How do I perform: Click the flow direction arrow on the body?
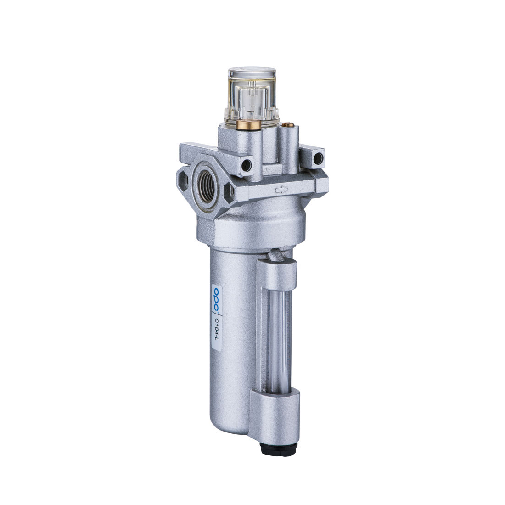[281, 190]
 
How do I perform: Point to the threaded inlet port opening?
[207, 186]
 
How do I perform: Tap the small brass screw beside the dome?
[289, 124]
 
